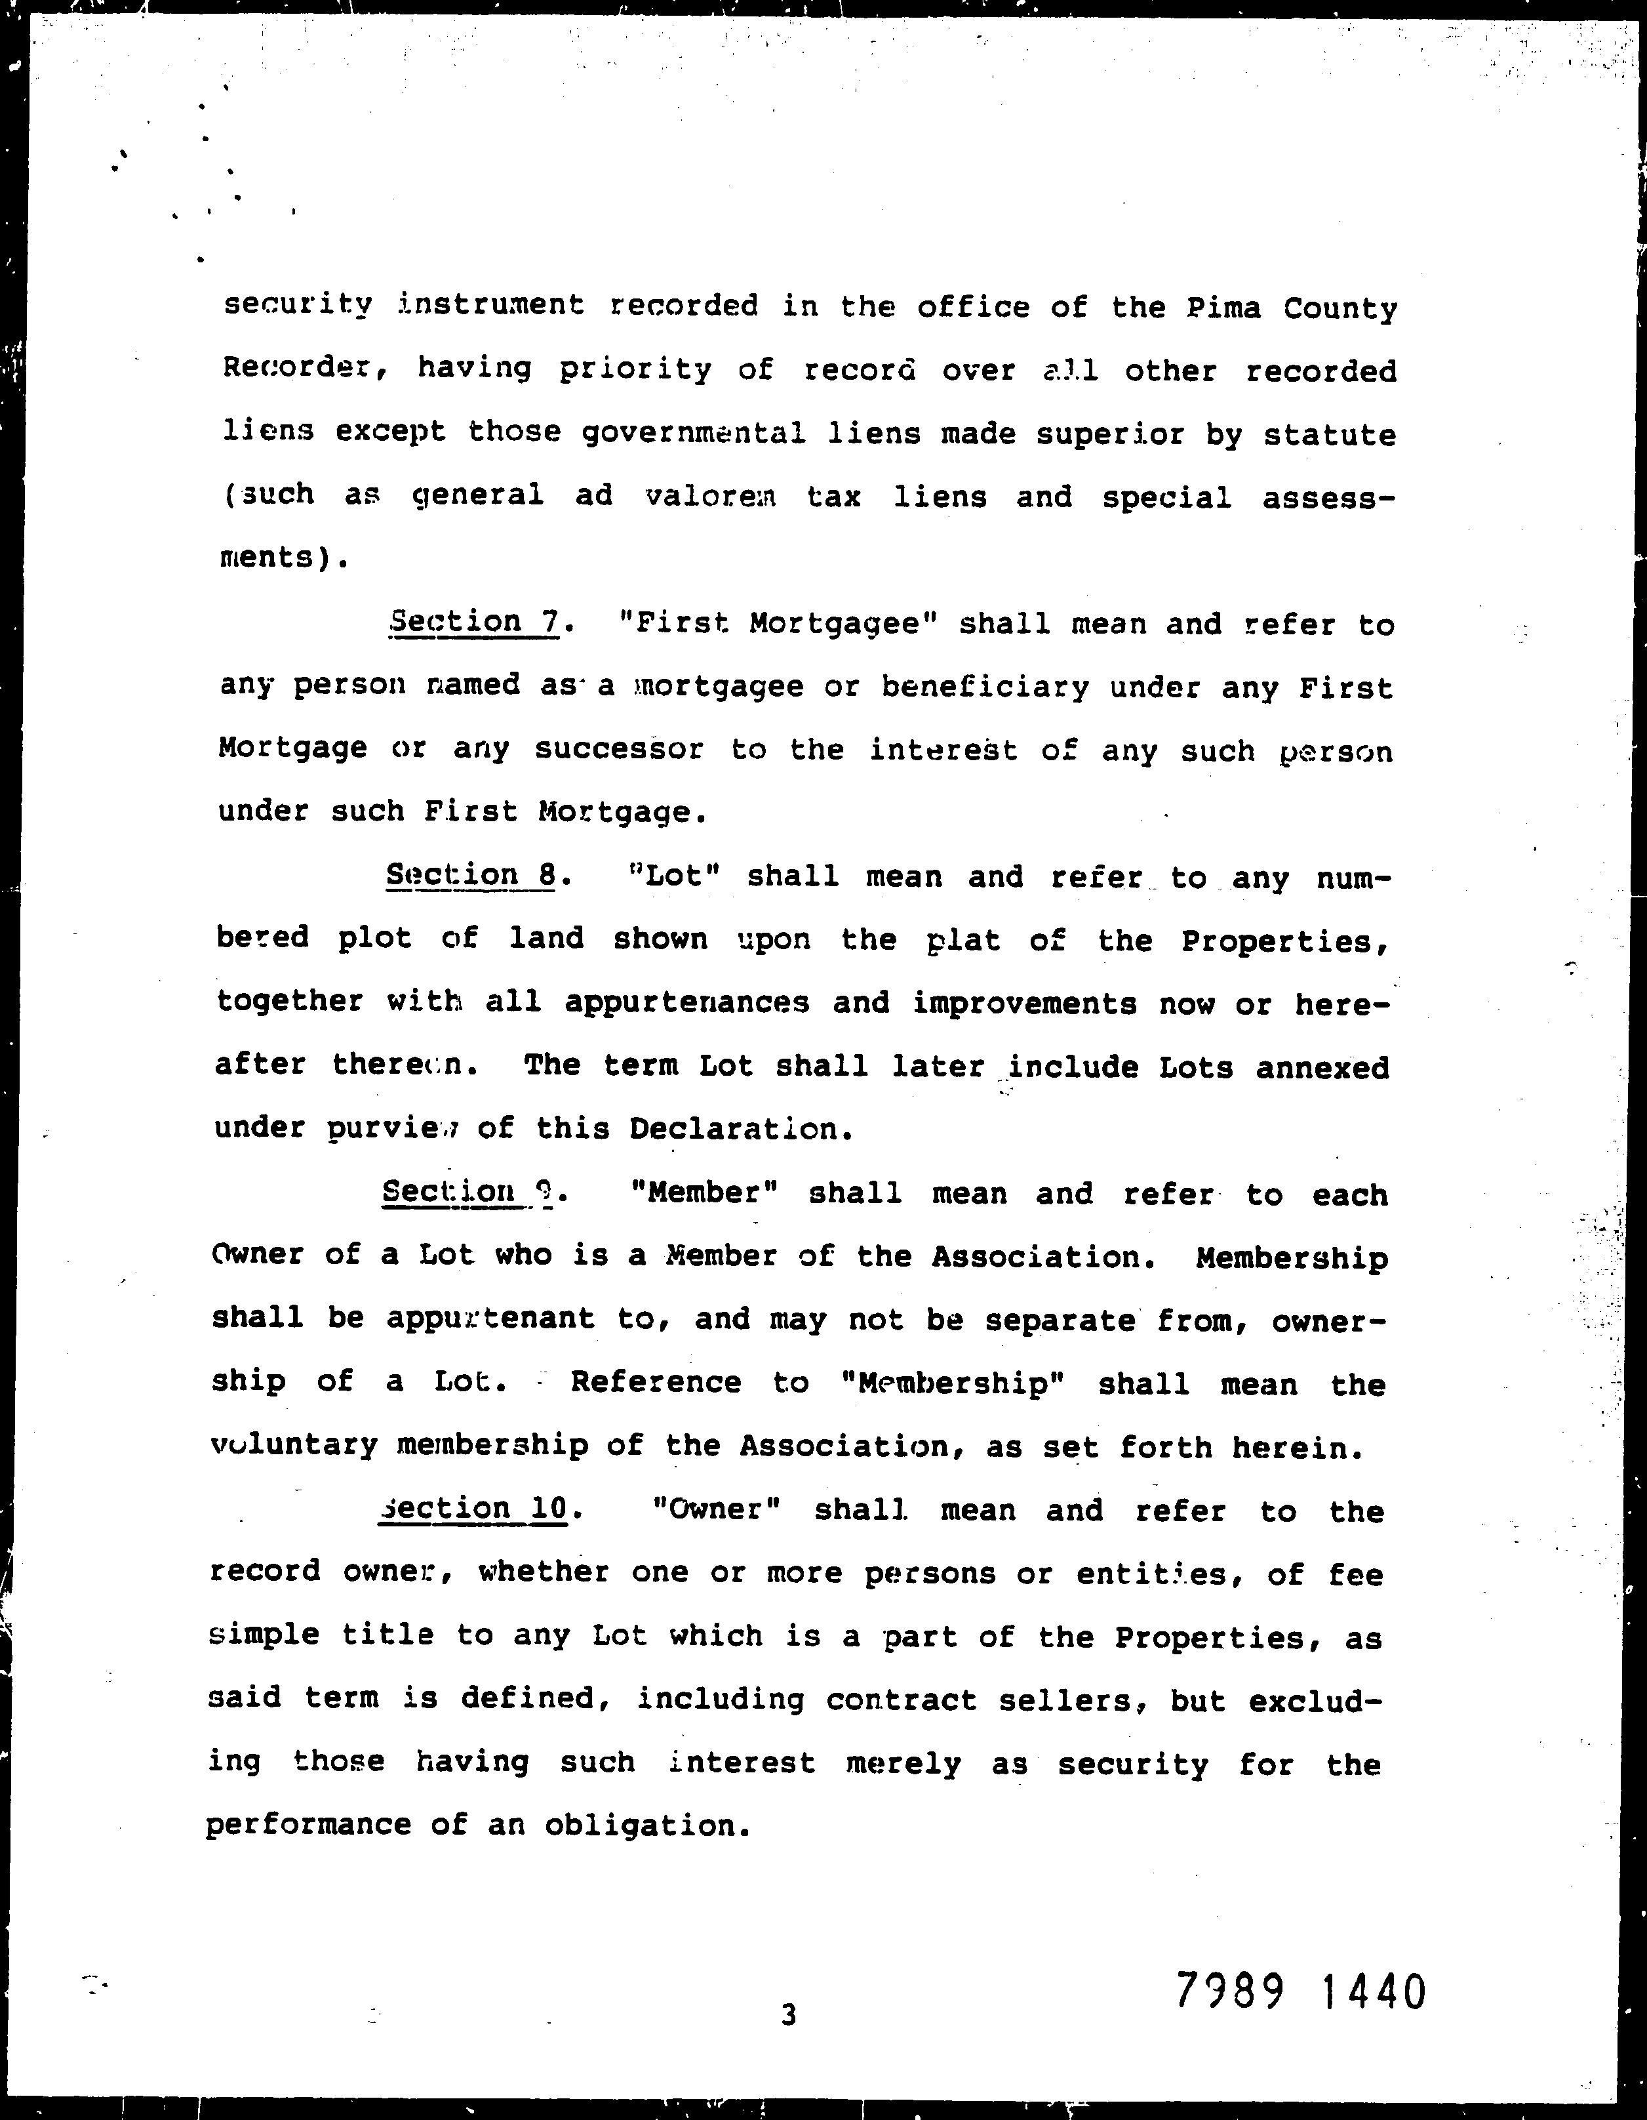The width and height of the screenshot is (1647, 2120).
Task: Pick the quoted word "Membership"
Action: pos(955,1383)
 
